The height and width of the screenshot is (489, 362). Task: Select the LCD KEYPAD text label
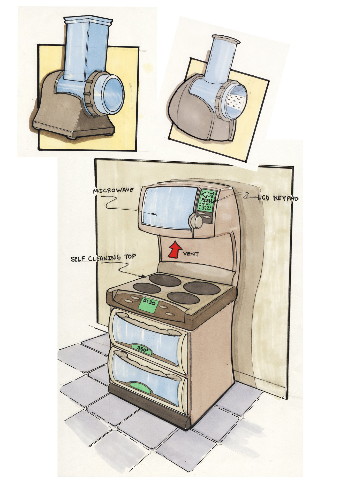pos(278,198)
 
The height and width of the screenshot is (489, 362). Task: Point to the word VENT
pos(191,254)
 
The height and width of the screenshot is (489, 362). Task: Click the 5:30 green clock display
pos(149,304)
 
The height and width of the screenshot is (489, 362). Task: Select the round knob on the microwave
pos(196,221)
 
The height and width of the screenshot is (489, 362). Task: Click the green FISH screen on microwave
pos(206,201)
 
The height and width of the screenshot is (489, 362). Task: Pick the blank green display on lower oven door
pos(141,387)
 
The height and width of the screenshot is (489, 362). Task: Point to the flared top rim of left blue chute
pos(88,20)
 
